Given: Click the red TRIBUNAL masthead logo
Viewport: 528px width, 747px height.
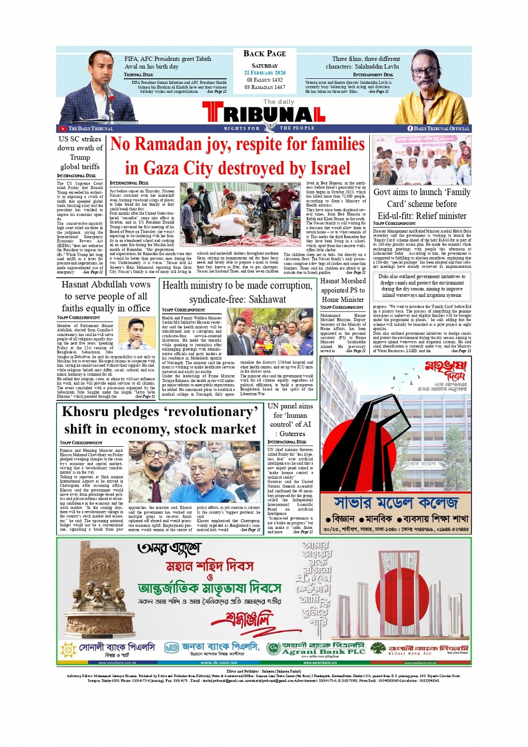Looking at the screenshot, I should point(264,114).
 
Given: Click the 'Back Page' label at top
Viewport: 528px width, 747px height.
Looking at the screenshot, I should point(264,54).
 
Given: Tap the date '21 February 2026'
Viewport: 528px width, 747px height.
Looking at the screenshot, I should point(264,73).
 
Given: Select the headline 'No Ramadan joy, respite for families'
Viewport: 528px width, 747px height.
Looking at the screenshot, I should point(237,145).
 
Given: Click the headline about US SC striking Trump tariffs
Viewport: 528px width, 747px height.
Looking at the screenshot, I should point(80,153).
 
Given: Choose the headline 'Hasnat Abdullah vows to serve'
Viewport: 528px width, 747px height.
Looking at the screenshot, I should point(106,296).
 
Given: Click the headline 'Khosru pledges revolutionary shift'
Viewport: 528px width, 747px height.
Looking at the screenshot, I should point(160,420).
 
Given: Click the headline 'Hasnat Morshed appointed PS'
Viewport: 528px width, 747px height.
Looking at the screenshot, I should point(343,290).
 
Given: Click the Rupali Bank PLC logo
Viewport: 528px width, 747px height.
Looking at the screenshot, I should point(420,649).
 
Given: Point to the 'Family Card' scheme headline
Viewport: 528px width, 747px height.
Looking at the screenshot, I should point(422,204).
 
